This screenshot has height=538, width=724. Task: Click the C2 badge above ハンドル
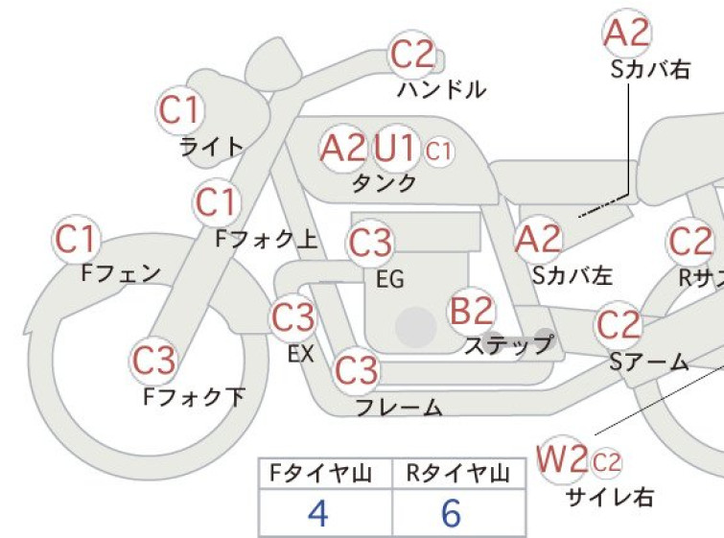tap(412, 55)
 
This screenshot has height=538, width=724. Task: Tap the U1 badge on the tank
tap(395, 149)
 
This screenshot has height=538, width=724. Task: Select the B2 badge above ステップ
tap(472, 311)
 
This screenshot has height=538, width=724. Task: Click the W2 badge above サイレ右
tap(562, 459)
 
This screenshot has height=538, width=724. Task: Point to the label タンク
tap(384, 183)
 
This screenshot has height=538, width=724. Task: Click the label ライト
tap(212, 147)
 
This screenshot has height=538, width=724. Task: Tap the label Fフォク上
tap(267, 239)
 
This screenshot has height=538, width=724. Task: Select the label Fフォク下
tap(194, 397)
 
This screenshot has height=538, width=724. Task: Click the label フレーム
tap(400, 408)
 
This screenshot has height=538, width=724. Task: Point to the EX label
tap(301, 354)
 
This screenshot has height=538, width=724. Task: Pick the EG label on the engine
tap(390, 279)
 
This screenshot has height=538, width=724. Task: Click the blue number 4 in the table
tap(318, 513)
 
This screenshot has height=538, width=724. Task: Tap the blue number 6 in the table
tap(451, 513)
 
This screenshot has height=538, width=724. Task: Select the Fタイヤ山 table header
tap(320, 474)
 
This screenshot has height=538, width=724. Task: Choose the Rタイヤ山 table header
tap(458, 474)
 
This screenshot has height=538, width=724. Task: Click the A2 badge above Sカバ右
tap(627, 34)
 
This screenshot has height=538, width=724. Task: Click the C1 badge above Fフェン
tap(77, 239)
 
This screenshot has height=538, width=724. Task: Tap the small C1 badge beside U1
tap(438, 151)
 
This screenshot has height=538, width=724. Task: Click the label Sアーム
tap(649, 362)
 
